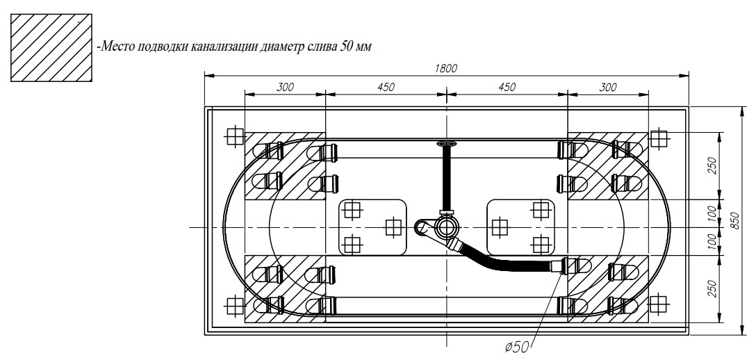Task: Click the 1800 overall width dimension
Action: tap(447, 68)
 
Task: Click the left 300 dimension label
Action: tap(285, 87)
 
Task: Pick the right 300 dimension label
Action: tap(607, 87)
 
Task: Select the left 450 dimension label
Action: tap(386, 87)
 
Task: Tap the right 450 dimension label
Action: tap(507, 87)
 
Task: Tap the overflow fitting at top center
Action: tap(445, 144)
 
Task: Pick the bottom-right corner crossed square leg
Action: tap(657, 304)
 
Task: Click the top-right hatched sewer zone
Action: tap(607, 165)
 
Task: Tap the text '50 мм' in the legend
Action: tap(356, 47)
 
